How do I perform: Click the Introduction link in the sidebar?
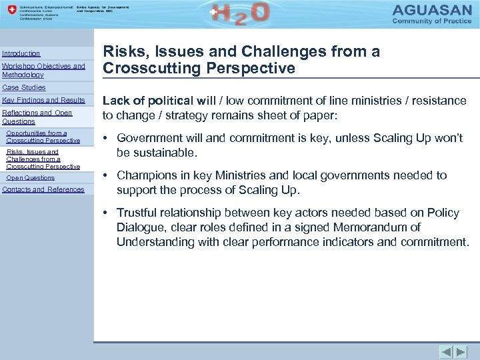click(x=21, y=53)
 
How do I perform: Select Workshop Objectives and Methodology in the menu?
click(x=43, y=71)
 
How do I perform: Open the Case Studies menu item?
click(x=24, y=87)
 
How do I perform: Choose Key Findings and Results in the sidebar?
click(x=44, y=100)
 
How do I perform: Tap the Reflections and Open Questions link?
click(x=37, y=117)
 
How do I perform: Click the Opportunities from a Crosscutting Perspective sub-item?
click(x=43, y=137)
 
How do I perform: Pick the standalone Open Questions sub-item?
click(x=30, y=178)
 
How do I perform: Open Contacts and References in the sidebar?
click(x=43, y=189)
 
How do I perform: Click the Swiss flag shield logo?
click(x=9, y=12)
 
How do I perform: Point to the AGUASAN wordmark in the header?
click(x=435, y=11)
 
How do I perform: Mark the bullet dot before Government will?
click(x=106, y=138)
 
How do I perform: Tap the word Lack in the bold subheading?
click(x=115, y=101)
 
